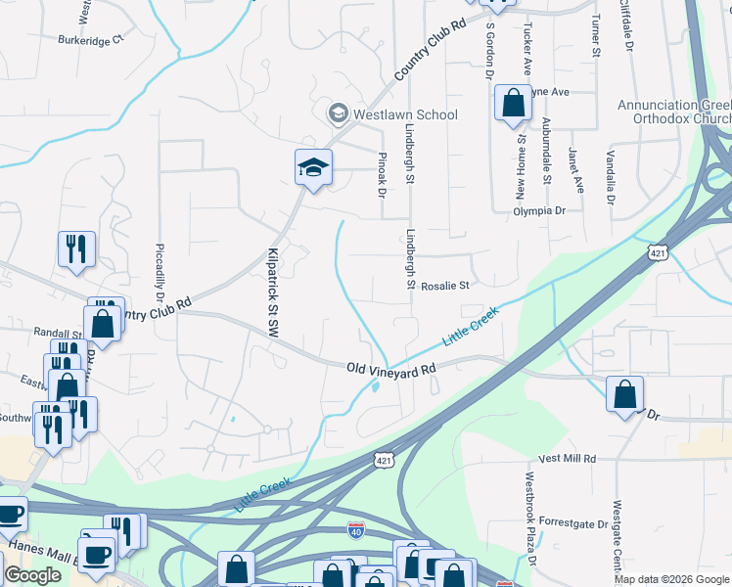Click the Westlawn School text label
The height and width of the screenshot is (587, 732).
(405, 114)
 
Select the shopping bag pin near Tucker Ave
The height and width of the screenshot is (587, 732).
(513, 104)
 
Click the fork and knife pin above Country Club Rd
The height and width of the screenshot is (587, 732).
(76, 249)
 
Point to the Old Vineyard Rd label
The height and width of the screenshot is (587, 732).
(390, 370)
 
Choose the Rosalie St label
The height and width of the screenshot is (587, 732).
(446, 286)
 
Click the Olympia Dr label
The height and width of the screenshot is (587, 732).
(539, 210)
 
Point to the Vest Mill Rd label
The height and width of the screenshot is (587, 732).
(567, 458)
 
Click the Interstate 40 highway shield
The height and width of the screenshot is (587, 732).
(357, 530)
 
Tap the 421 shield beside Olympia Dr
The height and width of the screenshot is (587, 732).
(656, 252)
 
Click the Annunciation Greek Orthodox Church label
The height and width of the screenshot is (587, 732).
(674, 113)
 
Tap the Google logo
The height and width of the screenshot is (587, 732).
(32, 575)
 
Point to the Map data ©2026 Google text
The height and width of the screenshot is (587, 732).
(670, 579)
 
